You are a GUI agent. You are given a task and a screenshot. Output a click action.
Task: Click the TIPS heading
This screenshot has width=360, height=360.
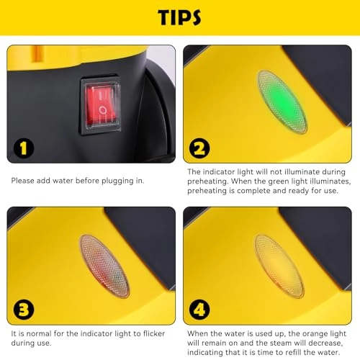179,17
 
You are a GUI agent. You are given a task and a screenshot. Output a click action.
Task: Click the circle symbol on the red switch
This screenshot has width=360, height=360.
103,110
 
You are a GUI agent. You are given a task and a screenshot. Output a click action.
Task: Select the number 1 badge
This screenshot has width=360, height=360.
24,148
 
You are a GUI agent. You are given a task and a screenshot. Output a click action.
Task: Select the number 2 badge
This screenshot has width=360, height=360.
199,148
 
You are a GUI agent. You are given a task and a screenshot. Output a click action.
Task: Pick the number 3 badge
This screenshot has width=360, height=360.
24,310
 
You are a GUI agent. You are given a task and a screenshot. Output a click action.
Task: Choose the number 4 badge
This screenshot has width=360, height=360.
199,310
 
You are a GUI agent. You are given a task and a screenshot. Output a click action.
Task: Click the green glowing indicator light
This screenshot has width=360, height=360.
282,102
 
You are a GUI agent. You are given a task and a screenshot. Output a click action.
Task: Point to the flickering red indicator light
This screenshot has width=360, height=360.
104,266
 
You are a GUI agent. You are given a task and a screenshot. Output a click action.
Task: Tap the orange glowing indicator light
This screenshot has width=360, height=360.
279,266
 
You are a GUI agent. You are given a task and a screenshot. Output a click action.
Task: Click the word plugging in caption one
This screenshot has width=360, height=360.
117,181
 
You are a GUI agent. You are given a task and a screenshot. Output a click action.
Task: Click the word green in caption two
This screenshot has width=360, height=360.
278,181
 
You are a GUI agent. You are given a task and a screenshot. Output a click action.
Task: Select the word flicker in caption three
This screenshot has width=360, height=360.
154,333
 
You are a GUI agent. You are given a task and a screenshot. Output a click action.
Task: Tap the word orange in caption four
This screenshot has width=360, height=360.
315,334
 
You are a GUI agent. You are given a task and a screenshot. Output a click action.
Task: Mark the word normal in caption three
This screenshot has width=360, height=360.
39,333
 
